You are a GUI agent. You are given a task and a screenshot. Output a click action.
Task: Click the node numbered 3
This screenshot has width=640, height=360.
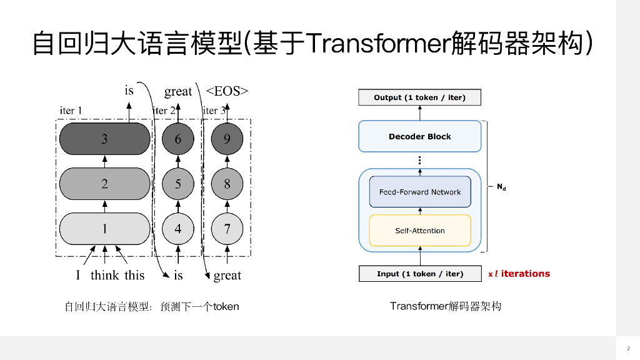tap(104, 139)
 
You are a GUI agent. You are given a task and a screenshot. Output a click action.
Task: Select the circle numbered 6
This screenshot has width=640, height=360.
tap(178, 139)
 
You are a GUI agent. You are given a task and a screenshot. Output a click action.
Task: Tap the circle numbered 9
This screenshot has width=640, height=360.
tap(227, 139)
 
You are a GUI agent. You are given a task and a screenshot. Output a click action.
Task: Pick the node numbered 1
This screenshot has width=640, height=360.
tap(104, 228)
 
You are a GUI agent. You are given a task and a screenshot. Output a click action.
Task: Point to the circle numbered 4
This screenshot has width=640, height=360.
tap(178, 228)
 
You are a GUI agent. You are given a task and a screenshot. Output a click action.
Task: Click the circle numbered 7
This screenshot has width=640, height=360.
tap(227, 228)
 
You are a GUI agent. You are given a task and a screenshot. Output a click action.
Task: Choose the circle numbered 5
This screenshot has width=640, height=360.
tap(178, 184)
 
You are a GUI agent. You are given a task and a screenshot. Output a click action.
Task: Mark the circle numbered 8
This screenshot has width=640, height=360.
tap(227, 184)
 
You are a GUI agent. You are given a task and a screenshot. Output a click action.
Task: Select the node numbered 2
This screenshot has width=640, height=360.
tap(104, 184)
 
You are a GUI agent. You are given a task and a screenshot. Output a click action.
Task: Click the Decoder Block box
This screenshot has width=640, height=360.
tap(419, 136)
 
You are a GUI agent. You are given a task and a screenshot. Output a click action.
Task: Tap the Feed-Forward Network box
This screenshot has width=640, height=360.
tap(419, 192)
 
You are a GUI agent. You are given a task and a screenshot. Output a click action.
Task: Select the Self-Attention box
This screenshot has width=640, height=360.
tap(419, 231)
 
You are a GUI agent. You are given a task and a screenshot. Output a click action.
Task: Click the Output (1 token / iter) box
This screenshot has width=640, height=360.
tap(419, 97)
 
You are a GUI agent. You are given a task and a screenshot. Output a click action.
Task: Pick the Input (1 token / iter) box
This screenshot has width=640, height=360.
tap(419, 274)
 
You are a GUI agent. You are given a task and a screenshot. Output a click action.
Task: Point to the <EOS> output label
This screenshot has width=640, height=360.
tap(227, 91)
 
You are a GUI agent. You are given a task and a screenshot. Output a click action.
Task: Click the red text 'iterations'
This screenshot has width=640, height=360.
tap(526, 274)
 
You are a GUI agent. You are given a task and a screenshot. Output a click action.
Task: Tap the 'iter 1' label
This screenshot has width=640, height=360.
tap(71, 111)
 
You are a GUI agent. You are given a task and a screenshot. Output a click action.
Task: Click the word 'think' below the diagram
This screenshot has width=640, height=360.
tap(104, 276)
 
